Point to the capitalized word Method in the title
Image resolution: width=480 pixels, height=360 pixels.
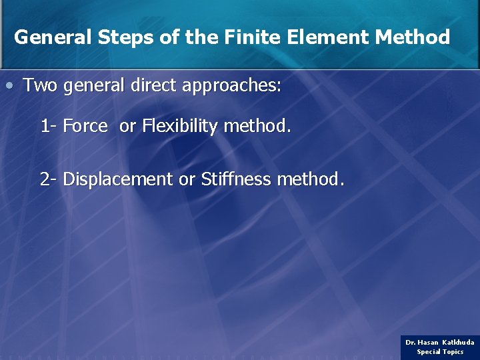pos(413,37)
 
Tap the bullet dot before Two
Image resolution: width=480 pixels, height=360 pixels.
pos(9,86)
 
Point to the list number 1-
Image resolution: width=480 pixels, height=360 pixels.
pos(48,125)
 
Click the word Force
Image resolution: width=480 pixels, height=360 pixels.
pos(85,125)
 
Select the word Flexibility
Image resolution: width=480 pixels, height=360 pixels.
pos(180,126)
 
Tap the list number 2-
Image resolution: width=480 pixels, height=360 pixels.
pos(48,179)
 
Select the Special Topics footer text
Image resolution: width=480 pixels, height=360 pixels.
pos(440,352)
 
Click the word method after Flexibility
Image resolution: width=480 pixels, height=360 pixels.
pos(257,125)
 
